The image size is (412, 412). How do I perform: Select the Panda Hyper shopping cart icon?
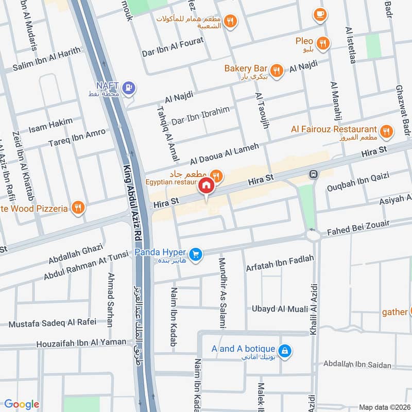[195, 253]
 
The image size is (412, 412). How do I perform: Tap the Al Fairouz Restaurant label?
[334, 129]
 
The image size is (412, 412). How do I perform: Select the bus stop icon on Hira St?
[313, 175]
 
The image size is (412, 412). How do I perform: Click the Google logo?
[22, 405]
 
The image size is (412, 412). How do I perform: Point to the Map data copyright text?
[384, 407]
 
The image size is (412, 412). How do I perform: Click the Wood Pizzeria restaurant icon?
[78, 208]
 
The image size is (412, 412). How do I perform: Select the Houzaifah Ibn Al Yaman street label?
[81, 342]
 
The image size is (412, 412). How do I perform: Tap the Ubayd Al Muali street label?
[280, 309]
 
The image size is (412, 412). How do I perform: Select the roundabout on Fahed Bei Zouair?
[313, 235]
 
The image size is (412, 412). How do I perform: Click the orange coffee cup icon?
[320, 14]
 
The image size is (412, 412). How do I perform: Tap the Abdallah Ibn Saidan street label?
[357, 365]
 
